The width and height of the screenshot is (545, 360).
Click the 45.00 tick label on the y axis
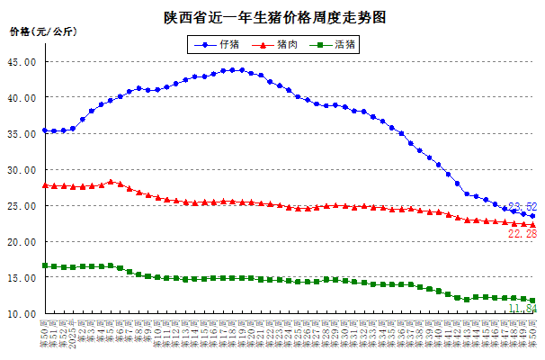pyautogui.click(x=22, y=62)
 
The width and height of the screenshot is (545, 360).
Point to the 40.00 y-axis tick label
pyautogui.click(x=22, y=98)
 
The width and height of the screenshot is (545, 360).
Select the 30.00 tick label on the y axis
pyautogui.click(x=22, y=170)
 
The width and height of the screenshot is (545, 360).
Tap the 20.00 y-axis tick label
pyautogui.click(x=22, y=242)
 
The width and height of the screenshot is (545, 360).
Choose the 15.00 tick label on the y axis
pyautogui.click(x=22, y=278)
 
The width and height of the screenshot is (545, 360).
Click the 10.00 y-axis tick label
pyautogui.click(x=22, y=314)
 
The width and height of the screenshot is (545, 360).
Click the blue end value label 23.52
pyautogui.click(x=523, y=207)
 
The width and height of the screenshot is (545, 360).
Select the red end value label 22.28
pyautogui.click(x=523, y=234)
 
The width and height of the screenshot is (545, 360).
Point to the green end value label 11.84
pyautogui.click(x=523, y=309)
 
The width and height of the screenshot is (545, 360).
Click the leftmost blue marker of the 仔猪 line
pyautogui.click(x=45, y=130)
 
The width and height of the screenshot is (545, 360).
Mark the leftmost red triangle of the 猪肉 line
pyautogui.click(x=45, y=185)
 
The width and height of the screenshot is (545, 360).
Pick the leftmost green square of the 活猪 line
pyautogui.click(x=45, y=265)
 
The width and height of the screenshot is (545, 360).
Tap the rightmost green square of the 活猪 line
pyautogui.click(x=532, y=301)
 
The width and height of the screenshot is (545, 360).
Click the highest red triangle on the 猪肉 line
pyautogui.click(x=111, y=182)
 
